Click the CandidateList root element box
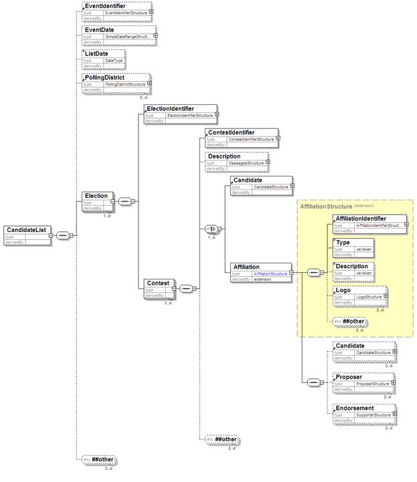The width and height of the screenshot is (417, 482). [28, 235]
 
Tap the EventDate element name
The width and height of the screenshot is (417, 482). [98, 30]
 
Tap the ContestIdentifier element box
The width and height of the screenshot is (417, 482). [241, 138]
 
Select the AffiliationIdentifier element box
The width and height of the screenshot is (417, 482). [369, 224]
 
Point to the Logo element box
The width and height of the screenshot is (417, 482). [361, 295]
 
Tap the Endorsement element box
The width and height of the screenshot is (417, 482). [364, 412]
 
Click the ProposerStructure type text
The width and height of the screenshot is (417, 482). [372, 385]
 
